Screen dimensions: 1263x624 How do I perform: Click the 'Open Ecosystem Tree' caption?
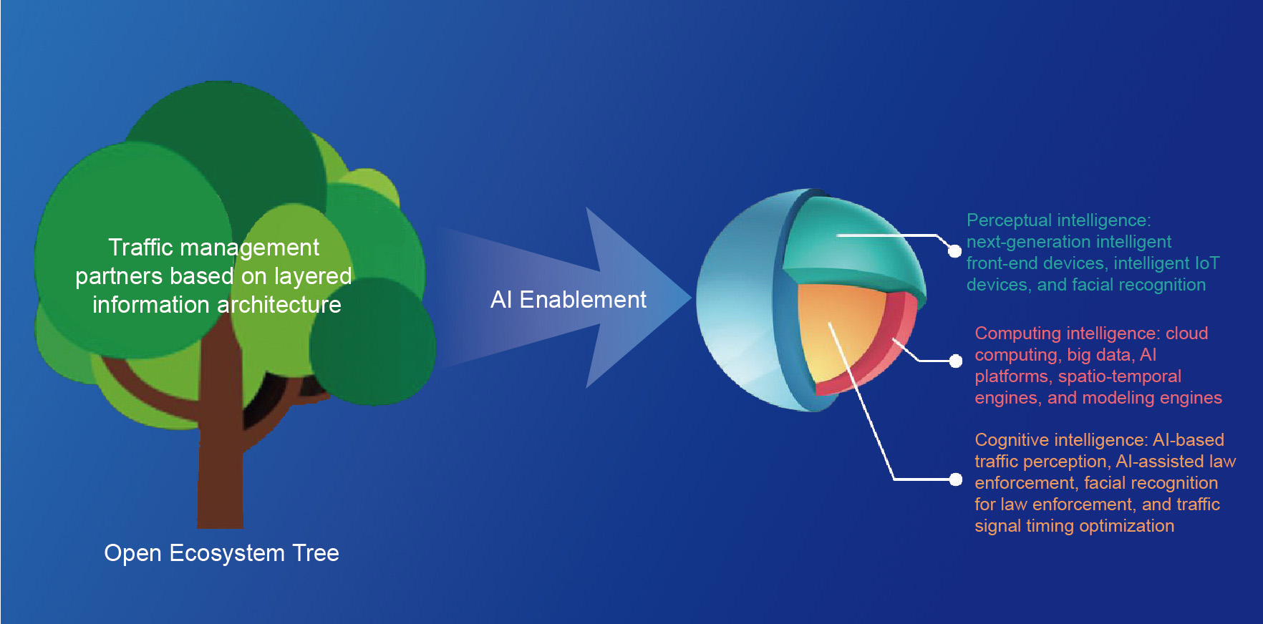click(221, 553)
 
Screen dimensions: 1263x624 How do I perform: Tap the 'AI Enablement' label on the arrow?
click(568, 299)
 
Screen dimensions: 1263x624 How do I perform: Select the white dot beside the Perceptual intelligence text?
click(954, 250)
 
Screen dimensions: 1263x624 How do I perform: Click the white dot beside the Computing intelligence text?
click(955, 361)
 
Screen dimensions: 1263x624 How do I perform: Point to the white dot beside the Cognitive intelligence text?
click(955, 479)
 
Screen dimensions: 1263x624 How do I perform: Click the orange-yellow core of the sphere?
click(838, 329)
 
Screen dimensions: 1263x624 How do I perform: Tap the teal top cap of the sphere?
click(852, 243)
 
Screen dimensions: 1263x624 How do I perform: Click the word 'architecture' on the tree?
click(279, 305)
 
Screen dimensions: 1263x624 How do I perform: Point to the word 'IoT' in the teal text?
click(1207, 263)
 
